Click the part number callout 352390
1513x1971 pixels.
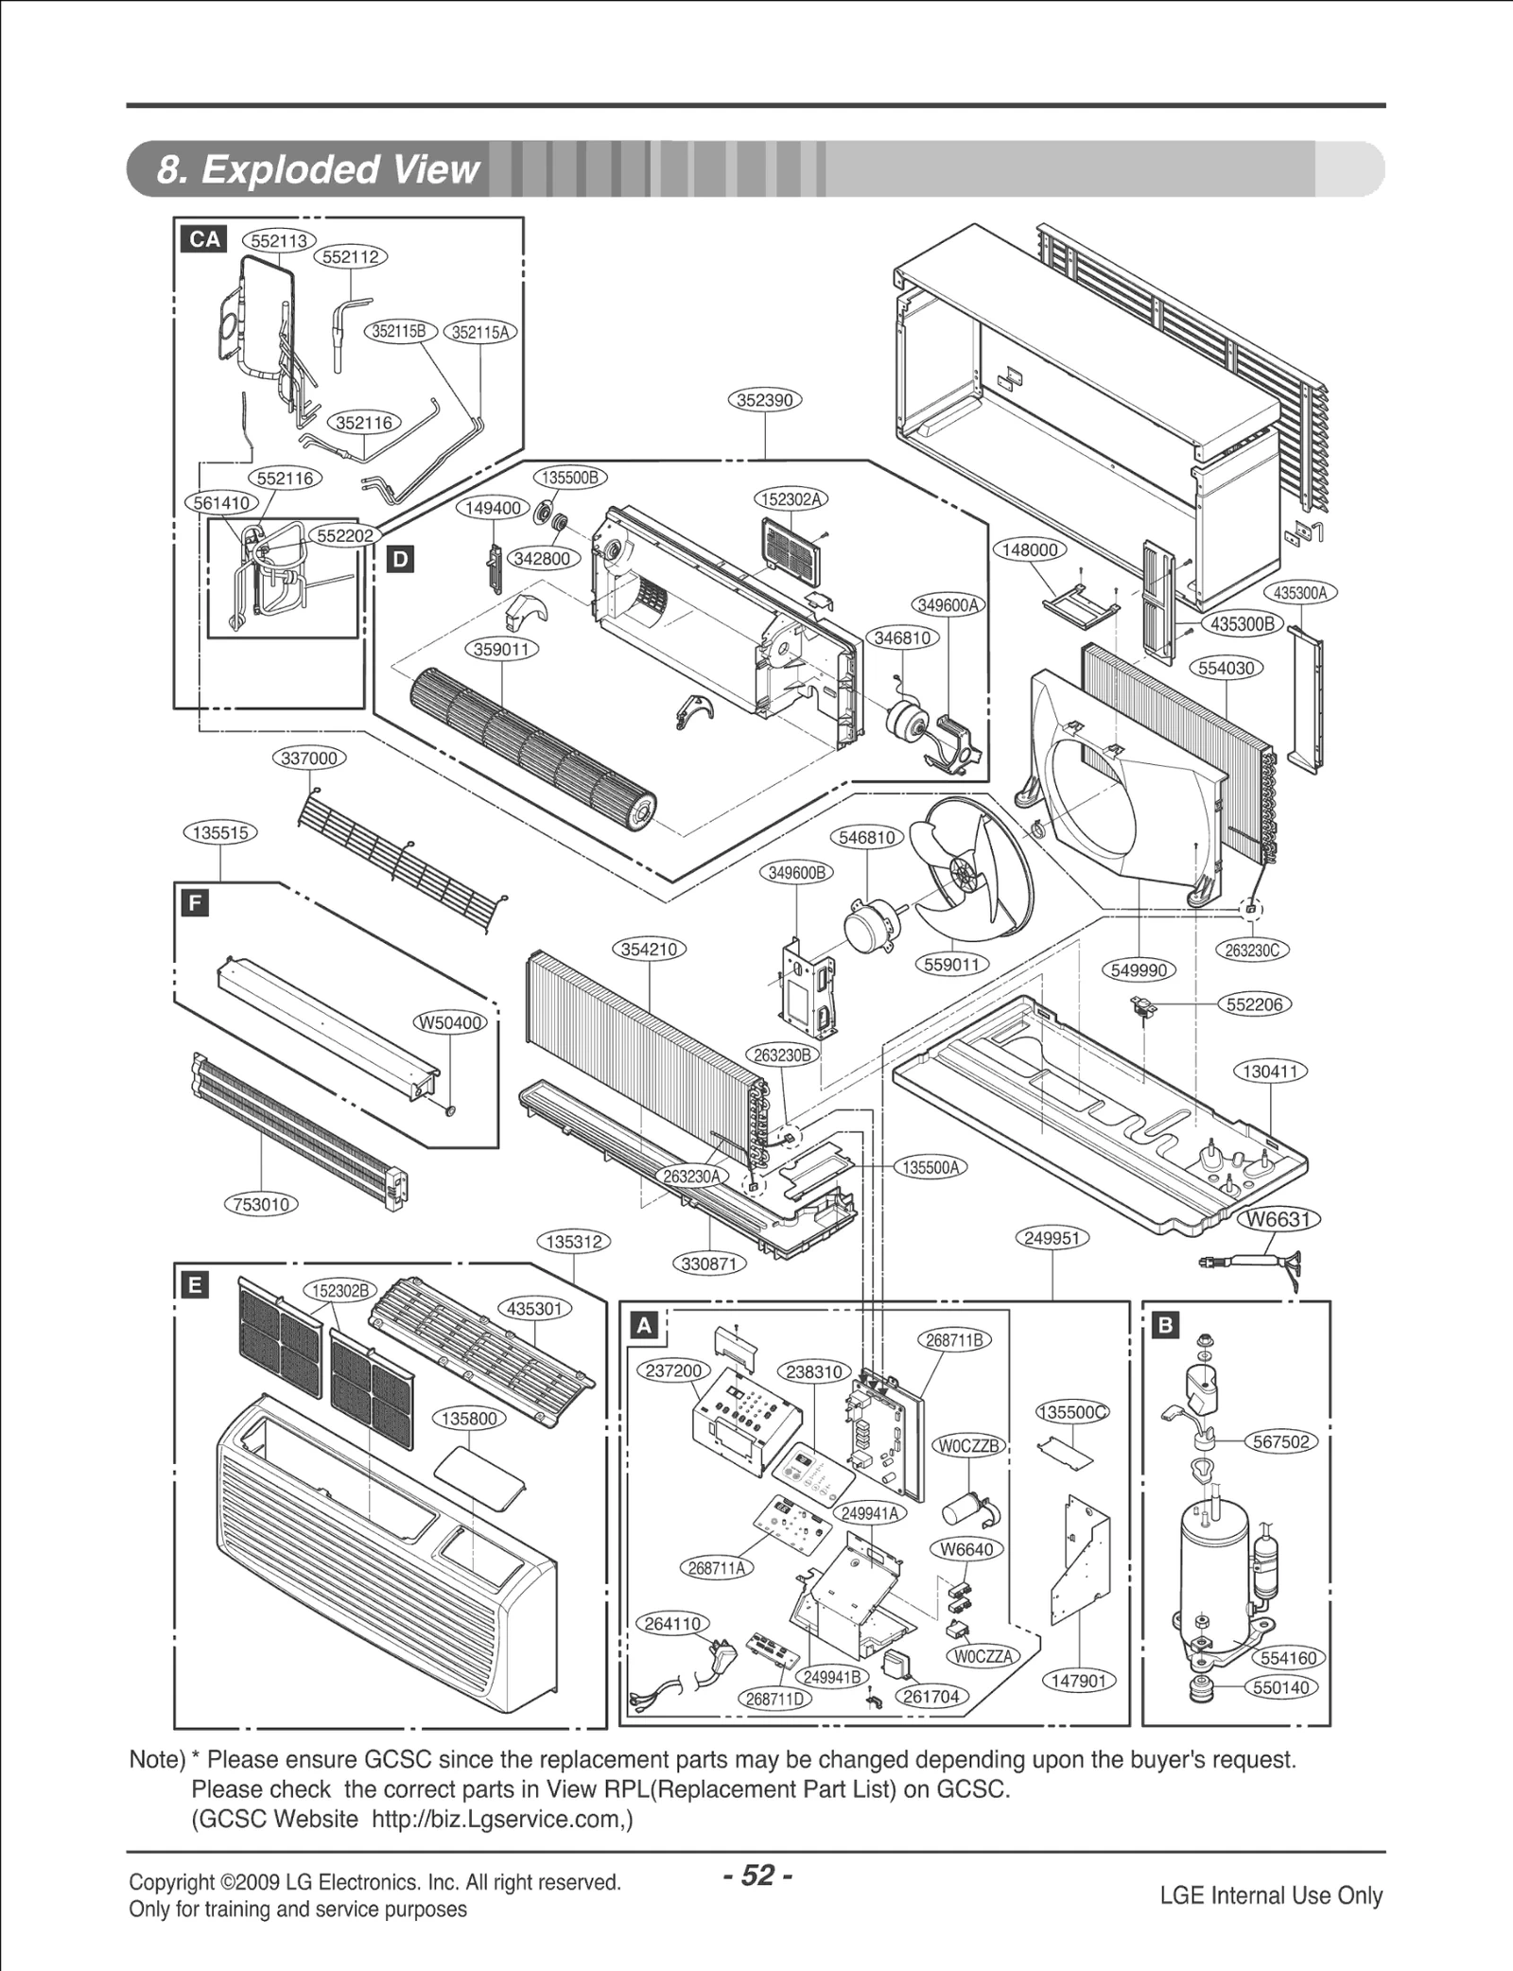coord(764,400)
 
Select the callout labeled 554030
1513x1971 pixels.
coord(1226,668)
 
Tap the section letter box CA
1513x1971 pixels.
coord(204,239)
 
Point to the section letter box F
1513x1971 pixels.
coord(194,903)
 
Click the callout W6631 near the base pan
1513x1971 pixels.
coord(1278,1219)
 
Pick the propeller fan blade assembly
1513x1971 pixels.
coord(974,875)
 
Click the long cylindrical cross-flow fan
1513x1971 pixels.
coord(530,747)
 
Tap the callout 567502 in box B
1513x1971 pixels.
coord(1281,1441)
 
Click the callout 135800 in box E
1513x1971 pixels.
coord(470,1419)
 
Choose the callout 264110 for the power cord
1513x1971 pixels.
coord(672,1624)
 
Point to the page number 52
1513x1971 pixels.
coord(757,1875)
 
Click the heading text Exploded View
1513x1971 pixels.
coord(318,169)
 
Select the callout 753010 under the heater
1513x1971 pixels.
coord(261,1204)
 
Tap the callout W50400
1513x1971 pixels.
coord(451,1023)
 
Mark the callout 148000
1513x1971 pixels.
coord(1029,549)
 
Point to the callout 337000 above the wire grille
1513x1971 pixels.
coord(310,759)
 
